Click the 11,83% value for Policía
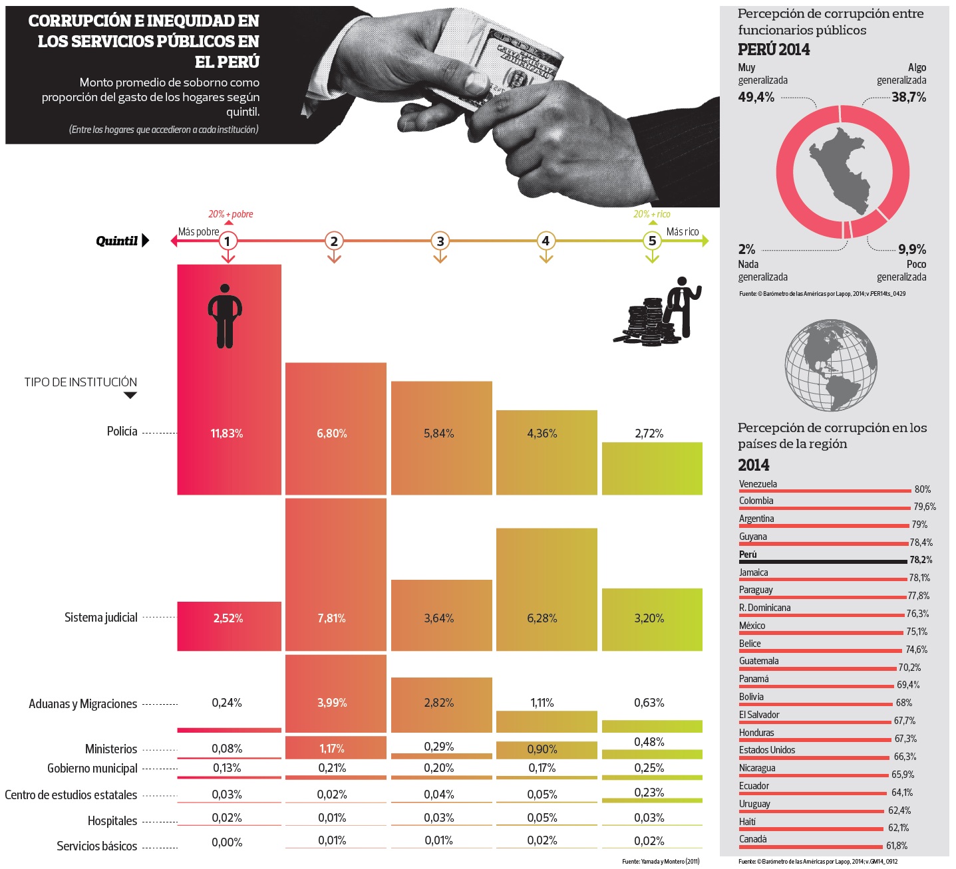(x=227, y=434)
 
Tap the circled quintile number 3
(x=440, y=241)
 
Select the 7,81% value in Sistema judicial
(x=331, y=618)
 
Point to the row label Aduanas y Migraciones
(x=82, y=704)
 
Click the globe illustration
(x=830, y=365)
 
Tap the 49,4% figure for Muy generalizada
(x=756, y=97)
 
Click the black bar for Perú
(x=822, y=562)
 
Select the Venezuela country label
(x=758, y=484)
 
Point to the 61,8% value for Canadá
(x=897, y=846)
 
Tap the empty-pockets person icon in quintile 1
(x=225, y=316)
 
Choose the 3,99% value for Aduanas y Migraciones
(x=331, y=703)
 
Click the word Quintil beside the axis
(x=116, y=241)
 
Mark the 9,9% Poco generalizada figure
(x=912, y=249)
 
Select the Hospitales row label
(x=112, y=821)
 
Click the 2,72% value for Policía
(x=649, y=434)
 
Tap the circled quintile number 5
(x=652, y=241)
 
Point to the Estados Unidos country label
(x=767, y=750)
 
